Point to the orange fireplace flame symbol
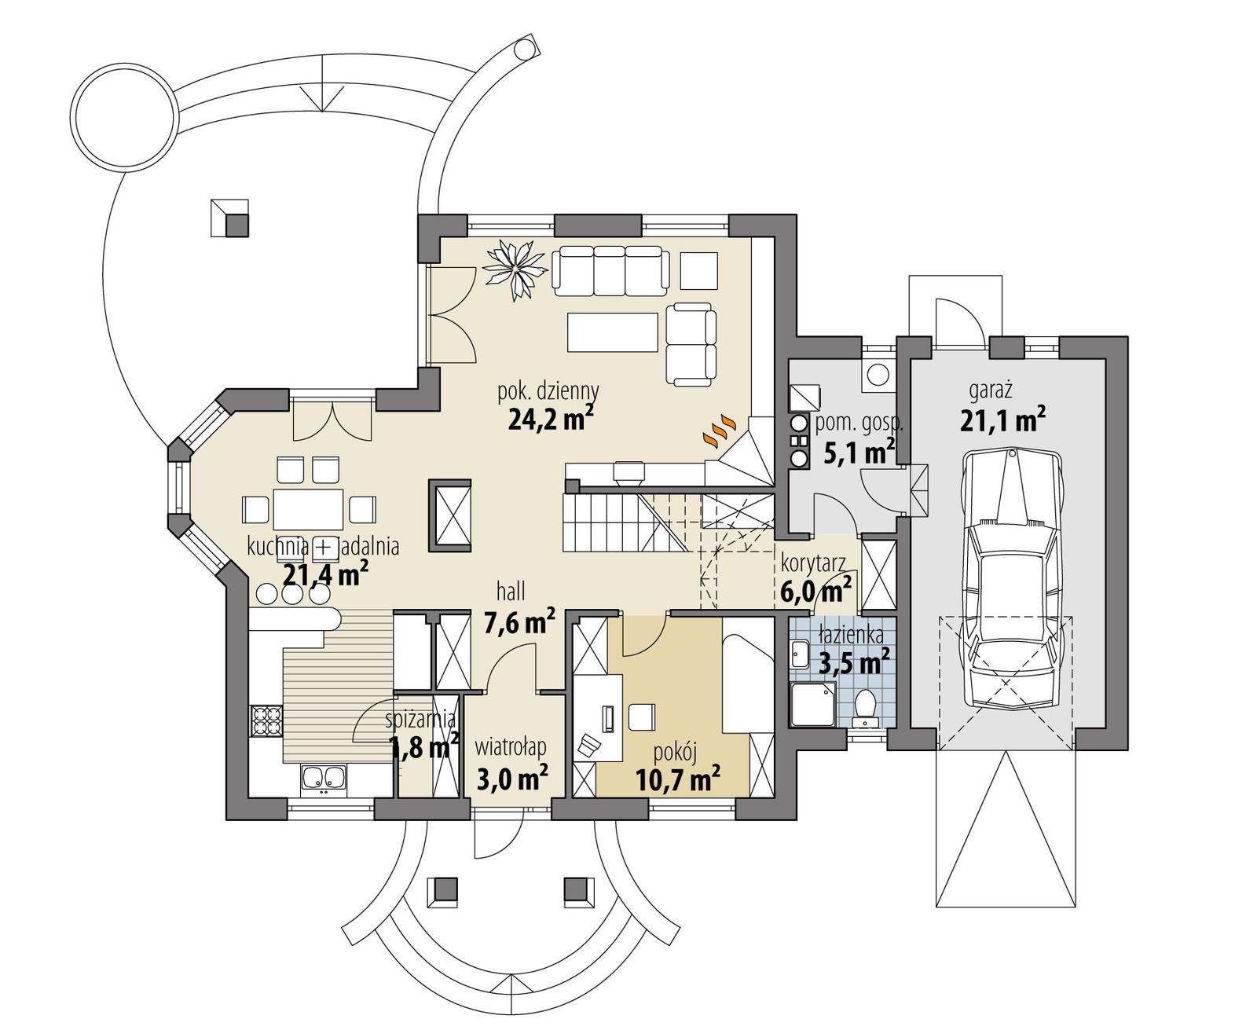point(719,431)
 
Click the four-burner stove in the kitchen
point(266,720)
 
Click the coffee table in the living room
point(612,332)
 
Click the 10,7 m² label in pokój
point(678,780)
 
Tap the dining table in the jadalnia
point(308,509)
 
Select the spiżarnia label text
point(420,718)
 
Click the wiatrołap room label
point(511,747)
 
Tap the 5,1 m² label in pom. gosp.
point(859,453)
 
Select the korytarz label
point(812,563)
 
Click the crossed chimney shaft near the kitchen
point(450,514)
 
